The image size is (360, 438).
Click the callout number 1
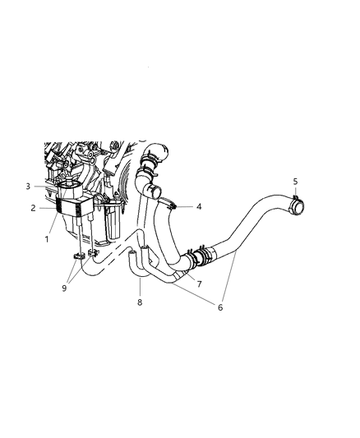tap(48, 239)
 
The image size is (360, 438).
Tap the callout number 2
tap(33, 208)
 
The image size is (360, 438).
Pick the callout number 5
tap(297, 181)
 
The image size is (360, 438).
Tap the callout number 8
tap(140, 302)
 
